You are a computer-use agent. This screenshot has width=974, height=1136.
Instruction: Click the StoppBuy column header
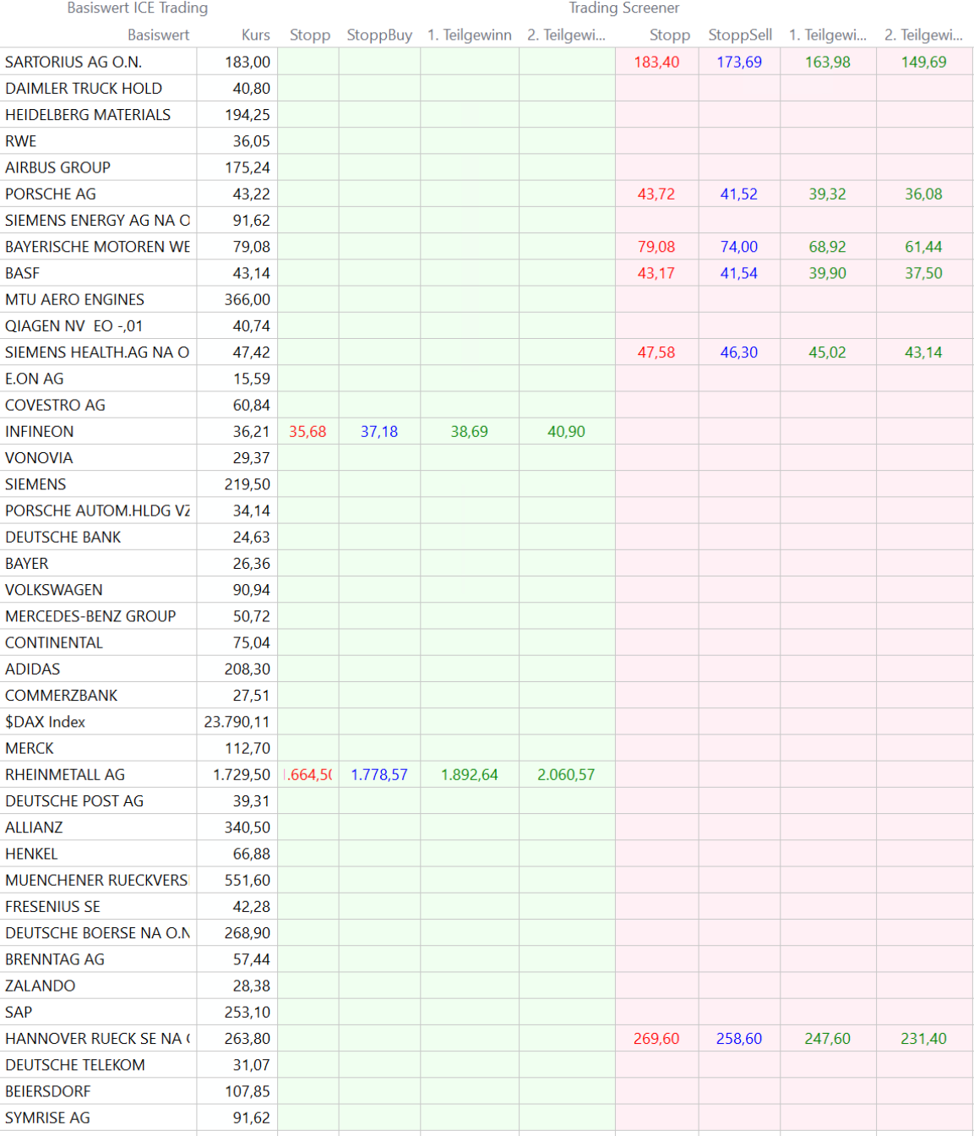pos(379,35)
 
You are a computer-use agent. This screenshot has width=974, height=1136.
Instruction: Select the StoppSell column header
pos(740,35)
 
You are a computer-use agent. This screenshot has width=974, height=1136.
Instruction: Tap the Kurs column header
pos(255,35)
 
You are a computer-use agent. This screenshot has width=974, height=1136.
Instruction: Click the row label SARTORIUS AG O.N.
pos(73,62)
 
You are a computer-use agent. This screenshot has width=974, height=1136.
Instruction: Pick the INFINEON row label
pos(40,431)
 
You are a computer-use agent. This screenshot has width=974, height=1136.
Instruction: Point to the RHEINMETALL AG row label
pos(65,774)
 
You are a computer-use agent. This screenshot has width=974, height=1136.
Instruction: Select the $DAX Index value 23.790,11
pos(237,722)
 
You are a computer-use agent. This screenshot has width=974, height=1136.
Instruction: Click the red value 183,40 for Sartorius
pos(656,62)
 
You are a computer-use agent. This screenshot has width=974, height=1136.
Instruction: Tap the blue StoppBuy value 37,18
pos(379,431)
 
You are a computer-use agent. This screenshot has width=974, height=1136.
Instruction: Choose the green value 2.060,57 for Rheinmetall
pos(566,774)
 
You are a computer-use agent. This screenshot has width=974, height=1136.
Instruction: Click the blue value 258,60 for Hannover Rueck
pos(739,1038)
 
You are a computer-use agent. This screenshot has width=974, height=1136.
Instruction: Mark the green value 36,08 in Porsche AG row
pos(923,194)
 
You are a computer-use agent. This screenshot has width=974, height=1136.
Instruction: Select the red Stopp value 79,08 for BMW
pos(656,247)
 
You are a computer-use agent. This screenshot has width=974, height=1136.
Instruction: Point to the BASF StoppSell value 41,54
pos(739,273)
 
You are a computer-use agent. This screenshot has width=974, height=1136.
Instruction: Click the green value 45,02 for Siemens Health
pos(827,352)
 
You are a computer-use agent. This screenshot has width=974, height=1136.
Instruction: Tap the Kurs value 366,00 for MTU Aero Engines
pos(248,299)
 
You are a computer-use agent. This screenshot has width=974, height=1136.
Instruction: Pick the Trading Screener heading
pos(623,8)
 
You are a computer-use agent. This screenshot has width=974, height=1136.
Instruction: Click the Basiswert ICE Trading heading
pos(138,8)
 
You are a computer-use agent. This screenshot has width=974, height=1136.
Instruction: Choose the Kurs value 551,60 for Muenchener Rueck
pos(248,880)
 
